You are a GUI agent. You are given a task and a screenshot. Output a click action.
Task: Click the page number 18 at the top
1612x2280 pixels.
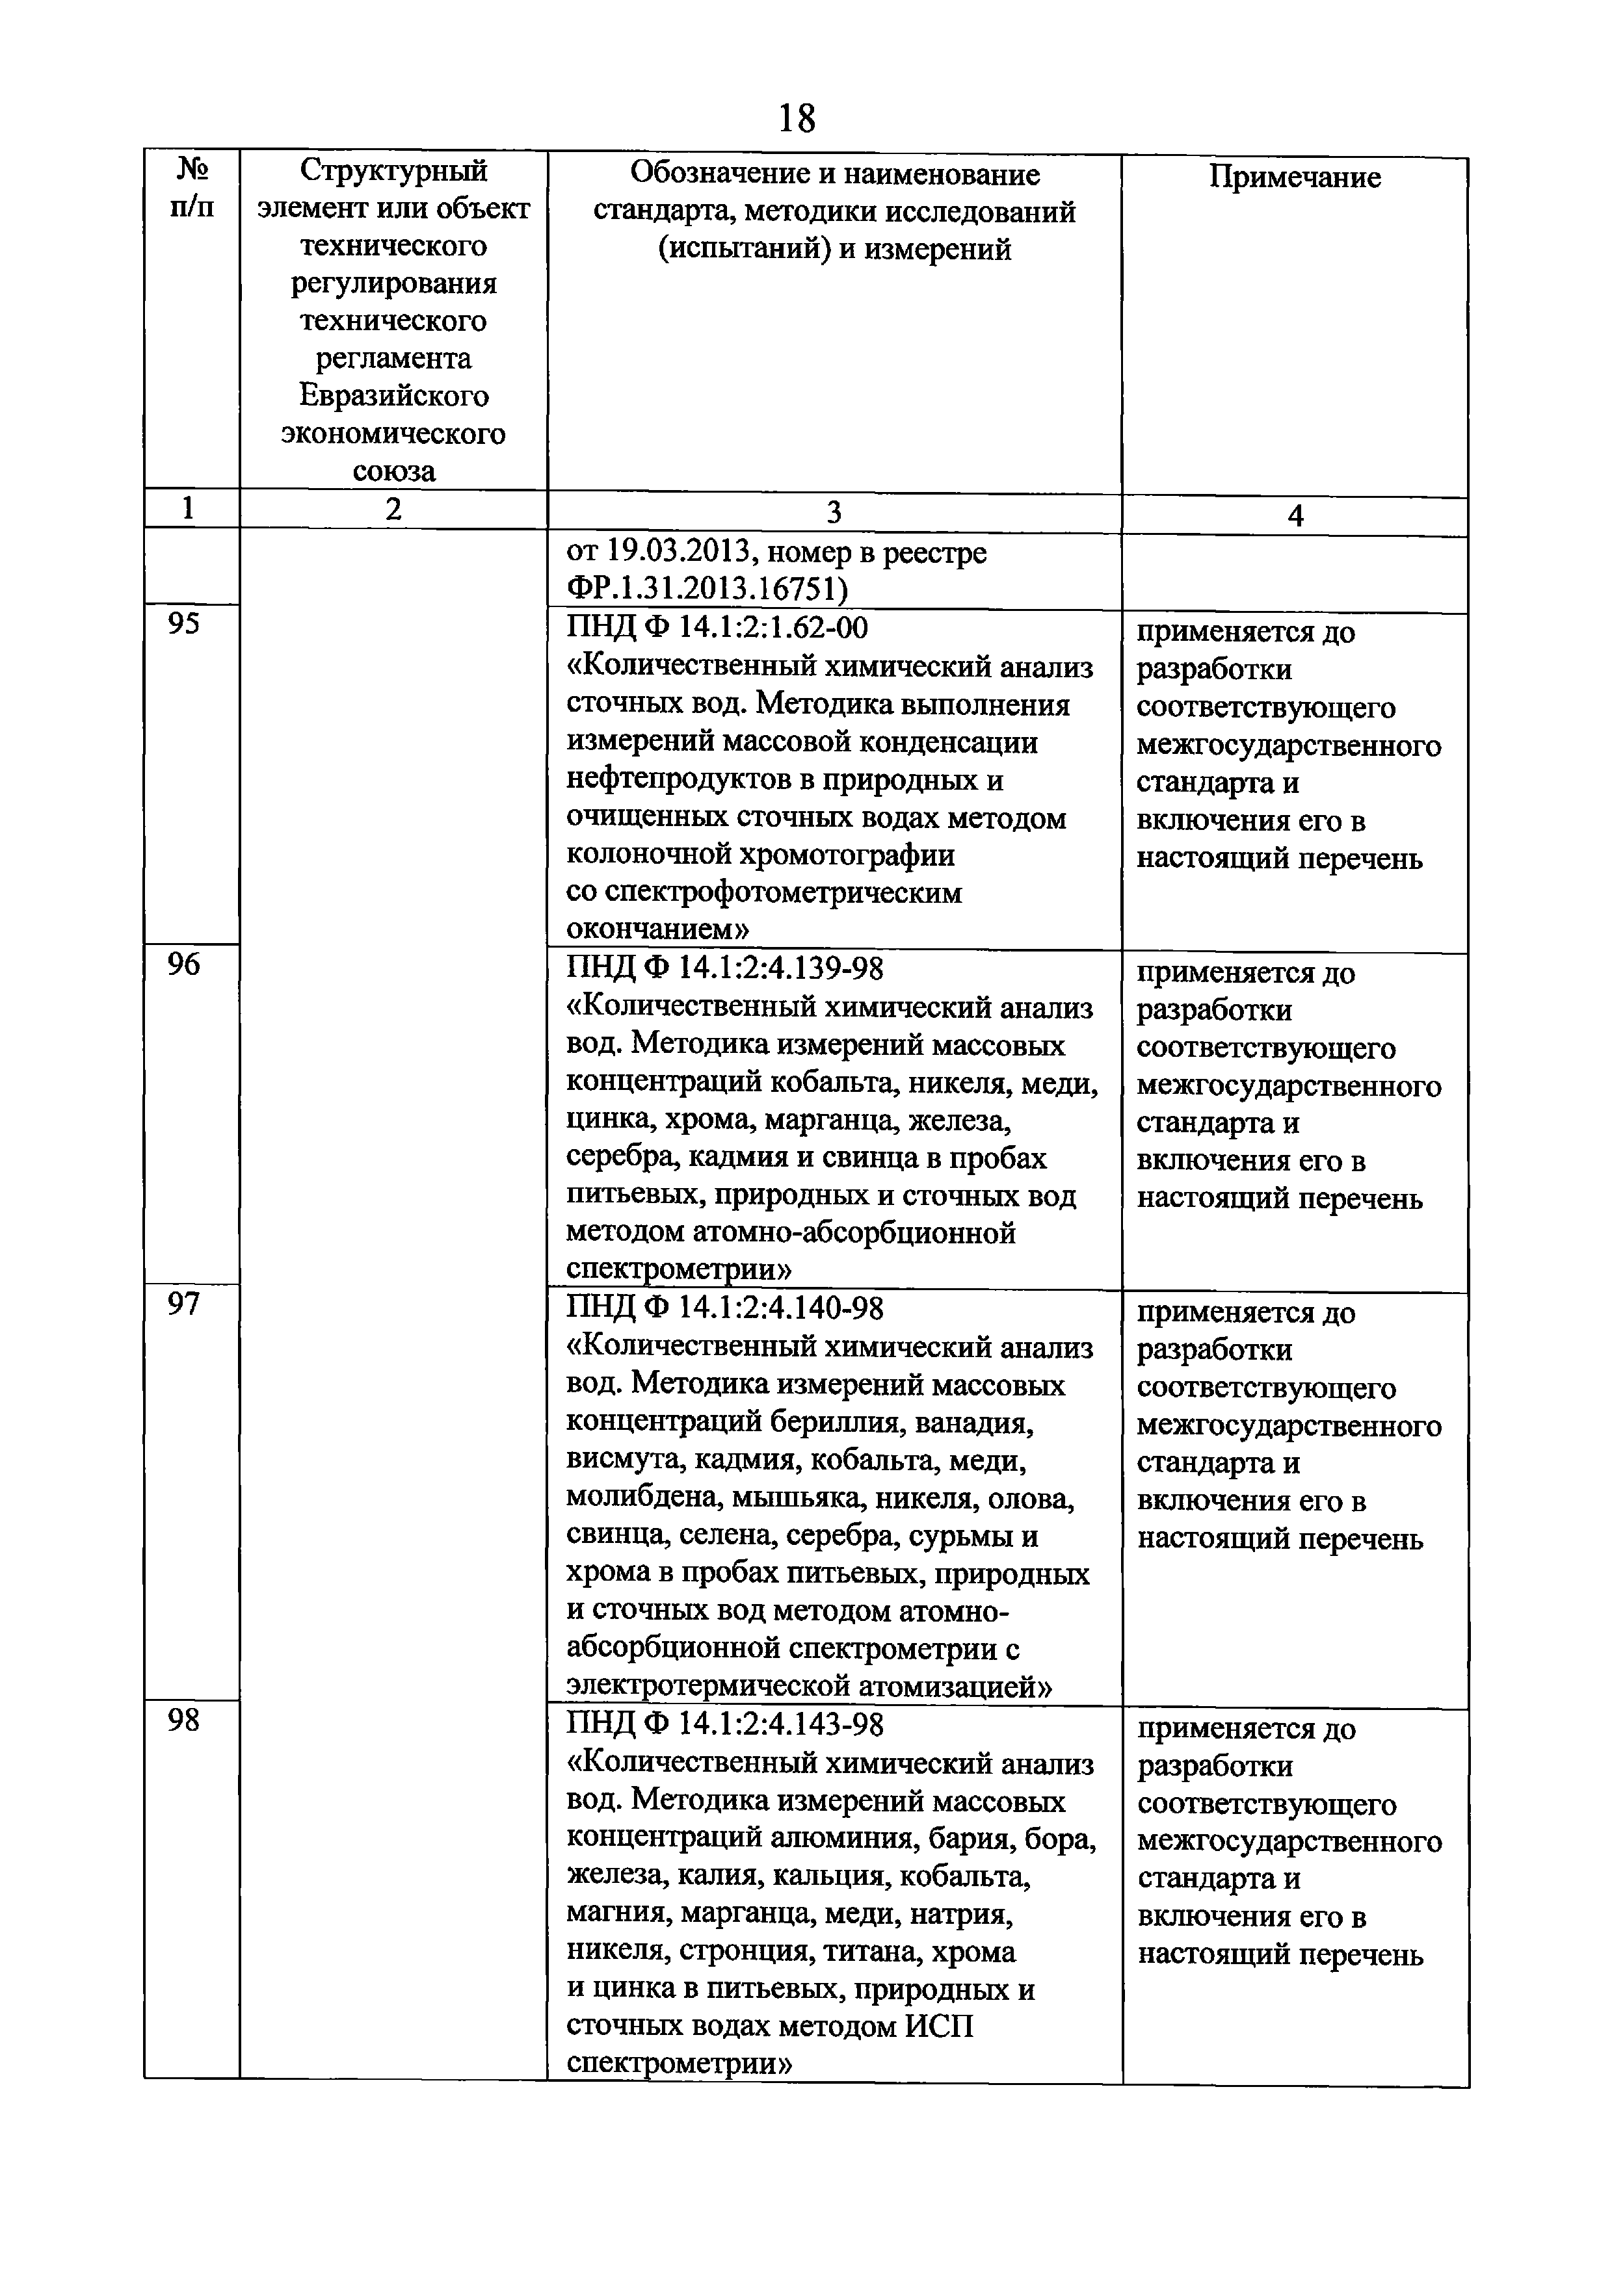797,119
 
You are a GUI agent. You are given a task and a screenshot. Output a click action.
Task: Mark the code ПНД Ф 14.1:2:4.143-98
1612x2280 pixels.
724,1725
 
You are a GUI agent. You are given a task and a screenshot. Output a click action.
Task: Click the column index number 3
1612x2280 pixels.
834,512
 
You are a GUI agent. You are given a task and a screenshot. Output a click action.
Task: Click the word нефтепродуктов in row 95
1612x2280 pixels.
678,781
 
